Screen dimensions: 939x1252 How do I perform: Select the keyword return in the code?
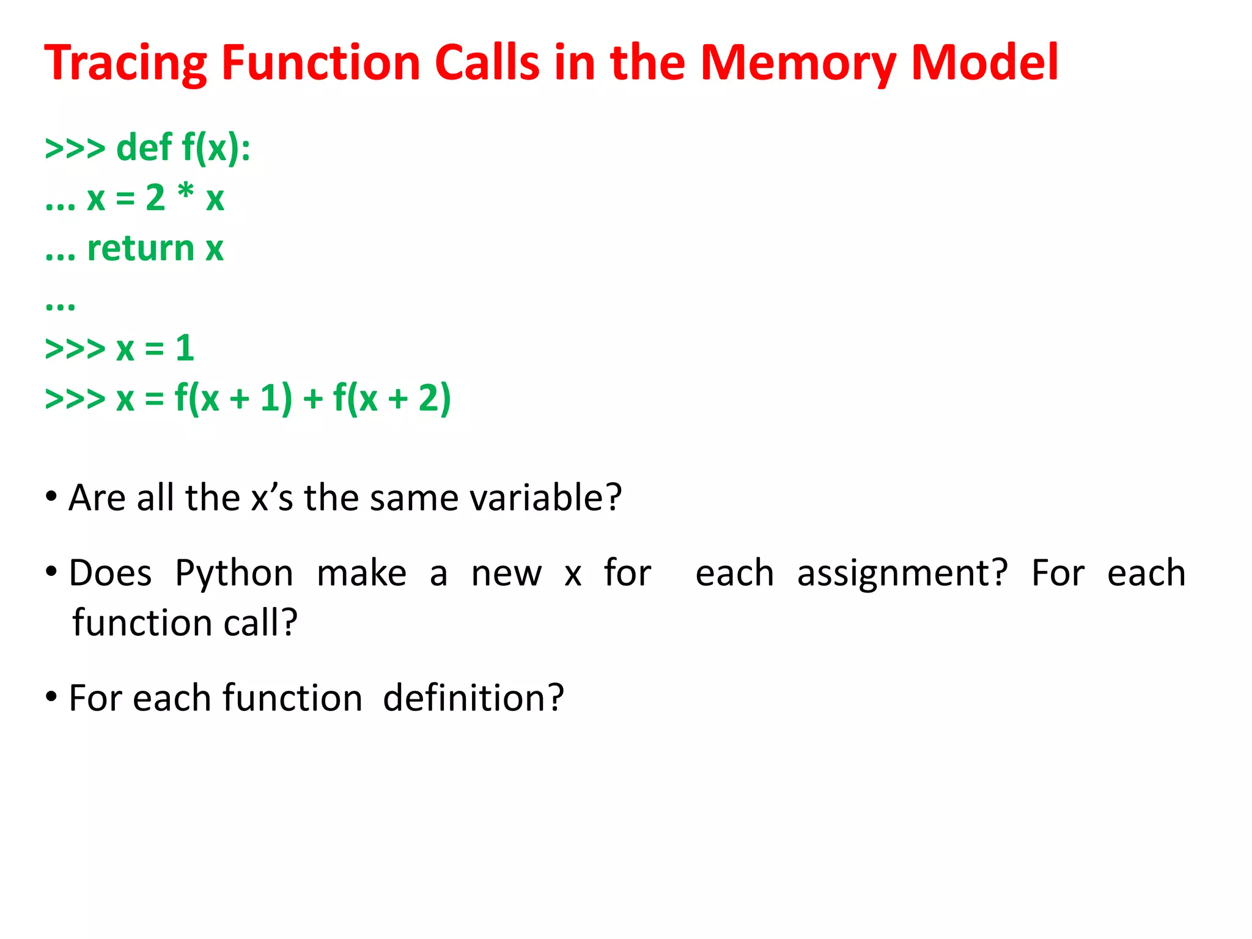pos(141,249)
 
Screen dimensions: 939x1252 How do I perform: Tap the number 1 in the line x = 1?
pos(185,348)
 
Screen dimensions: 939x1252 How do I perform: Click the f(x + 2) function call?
pos(392,399)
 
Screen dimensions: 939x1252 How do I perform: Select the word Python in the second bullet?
pos(234,573)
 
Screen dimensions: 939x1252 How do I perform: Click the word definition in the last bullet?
pos(473,698)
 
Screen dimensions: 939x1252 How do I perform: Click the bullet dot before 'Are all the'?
pos(51,496)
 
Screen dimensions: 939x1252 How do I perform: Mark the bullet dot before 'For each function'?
pos(51,696)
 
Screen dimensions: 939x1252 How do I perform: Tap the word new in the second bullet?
pos(506,573)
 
